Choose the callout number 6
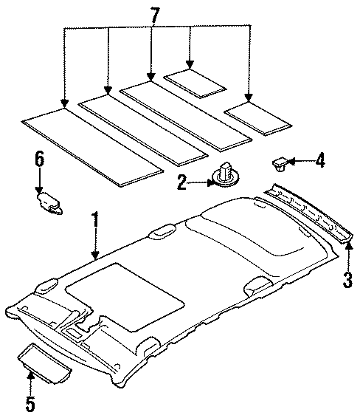[40, 158]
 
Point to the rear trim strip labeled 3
[310, 222]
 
